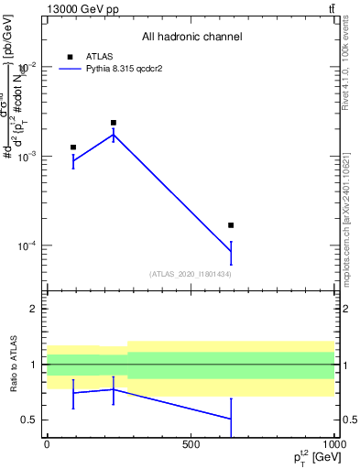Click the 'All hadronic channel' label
point(191,38)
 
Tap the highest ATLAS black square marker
point(114,123)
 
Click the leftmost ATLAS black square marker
point(73,147)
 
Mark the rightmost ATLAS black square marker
point(231,224)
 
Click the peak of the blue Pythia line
point(114,135)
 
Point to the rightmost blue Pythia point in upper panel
point(231,252)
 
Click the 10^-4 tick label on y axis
point(27,246)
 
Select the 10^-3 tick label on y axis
point(27,157)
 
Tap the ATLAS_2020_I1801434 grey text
point(191,274)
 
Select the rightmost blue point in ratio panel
point(231,419)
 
